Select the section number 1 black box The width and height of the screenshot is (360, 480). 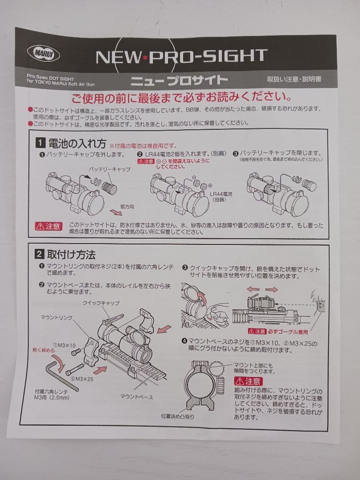(x=40, y=143)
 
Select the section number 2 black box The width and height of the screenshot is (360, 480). (x=39, y=254)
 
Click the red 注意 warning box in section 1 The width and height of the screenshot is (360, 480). (x=48, y=226)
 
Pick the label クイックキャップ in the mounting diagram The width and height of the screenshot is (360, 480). (x=101, y=303)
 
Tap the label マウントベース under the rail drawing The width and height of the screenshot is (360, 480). (x=136, y=396)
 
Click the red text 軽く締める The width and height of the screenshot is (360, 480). (x=44, y=350)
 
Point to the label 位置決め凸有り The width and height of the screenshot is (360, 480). (x=177, y=416)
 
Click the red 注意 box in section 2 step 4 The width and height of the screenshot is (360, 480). (x=248, y=381)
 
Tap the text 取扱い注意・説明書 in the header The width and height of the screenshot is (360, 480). (x=294, y=80)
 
